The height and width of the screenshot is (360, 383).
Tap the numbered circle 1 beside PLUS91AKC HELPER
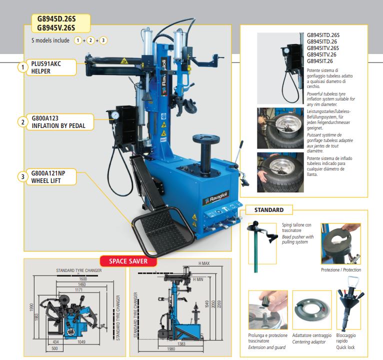(x=22, y=67)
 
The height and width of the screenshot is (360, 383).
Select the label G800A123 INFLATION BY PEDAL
(x=61, y=122)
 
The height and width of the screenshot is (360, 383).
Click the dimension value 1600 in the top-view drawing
(x=82, y=278)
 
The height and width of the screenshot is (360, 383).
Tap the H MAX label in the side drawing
(x=204, y=263)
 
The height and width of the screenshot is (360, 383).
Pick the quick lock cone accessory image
(x=349, y=304)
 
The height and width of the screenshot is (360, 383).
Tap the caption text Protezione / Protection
(x=341, y=270)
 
